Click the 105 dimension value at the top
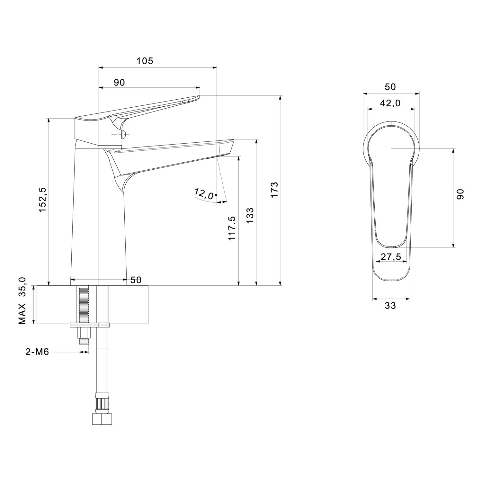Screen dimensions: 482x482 145,61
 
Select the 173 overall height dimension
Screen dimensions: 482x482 274,190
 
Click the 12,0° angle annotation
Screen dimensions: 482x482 205,194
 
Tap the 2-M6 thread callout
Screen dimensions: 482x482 37,352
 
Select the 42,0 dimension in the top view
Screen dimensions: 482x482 390,103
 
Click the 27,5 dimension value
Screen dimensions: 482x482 390,256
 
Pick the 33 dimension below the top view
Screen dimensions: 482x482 390,306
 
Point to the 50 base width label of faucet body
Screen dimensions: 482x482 136,280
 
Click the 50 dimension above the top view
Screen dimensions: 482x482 390,87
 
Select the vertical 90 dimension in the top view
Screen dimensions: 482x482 460,194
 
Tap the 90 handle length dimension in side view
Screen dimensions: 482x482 119,83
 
